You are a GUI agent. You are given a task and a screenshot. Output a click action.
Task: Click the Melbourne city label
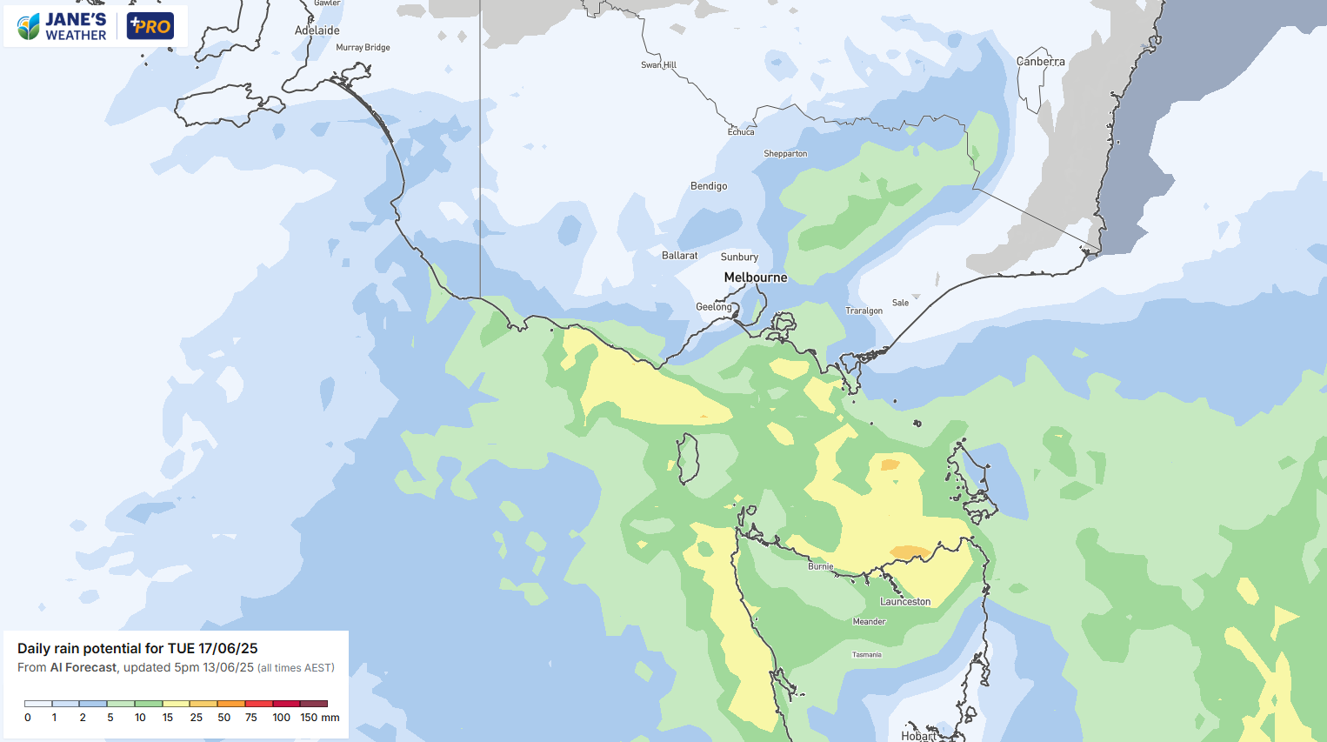pyautogui.click(x=756, y=277)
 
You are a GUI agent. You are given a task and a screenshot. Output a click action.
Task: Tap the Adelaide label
pyautogui.click(x=317, y=30)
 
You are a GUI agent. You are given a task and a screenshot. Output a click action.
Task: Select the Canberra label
pyautogui.click(x=1041, y=62)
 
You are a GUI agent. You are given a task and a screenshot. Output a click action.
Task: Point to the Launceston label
pyautogui.click(x=905, y=602)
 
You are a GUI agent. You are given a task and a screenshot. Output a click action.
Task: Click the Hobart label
pyautogui.click(x=918, y=736)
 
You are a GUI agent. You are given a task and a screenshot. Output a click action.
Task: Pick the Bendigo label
pyautogui.click(x=709, y=186)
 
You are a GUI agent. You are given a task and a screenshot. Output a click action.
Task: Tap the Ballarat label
pyautogui.click(x=680, y=256)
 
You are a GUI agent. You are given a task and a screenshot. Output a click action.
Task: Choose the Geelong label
pyautogui.click(x=714, y=307)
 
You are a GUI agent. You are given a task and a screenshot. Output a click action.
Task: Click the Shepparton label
pyautogui.click(x=785, y=154)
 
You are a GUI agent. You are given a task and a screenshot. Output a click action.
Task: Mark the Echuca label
pyautogui.click(x=741, y=132)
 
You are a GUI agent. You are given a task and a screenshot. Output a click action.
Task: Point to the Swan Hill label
pyautogui.click(x=658, y=65)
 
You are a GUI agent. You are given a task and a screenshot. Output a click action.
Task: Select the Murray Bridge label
pyautogui.click(x=363, y=48)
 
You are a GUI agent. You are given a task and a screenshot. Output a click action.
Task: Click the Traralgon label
pyautogui.click(x=864, y=311)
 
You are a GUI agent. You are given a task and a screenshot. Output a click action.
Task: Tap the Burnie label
pyautogui.click(x=820, y=566)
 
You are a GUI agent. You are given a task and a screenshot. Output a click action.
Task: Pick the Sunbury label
pyautogui.click(x=739, y=257)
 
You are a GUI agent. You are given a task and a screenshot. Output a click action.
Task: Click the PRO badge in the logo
pyautogui.click(x=150, y=26)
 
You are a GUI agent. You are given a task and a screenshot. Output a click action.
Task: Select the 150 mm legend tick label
pyautogui.click(x=319, y=718)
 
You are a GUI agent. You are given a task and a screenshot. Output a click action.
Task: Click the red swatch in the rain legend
pyautogui.click(x=258, y=704)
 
